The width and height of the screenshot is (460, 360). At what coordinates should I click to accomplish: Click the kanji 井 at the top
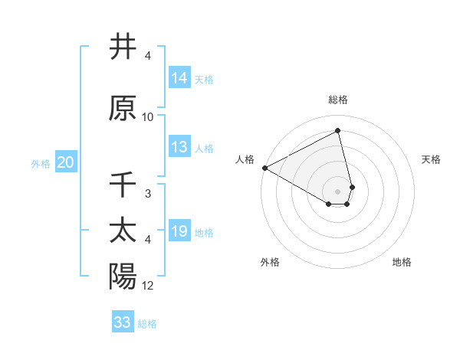click(123, 47)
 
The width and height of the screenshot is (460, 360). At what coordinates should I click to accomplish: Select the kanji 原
click(123, 108)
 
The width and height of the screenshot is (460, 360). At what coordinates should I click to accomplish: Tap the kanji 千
click(123, 185)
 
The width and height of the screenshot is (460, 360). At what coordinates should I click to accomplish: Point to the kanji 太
click(123, 231)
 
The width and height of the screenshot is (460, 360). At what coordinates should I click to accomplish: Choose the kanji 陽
click(123, 277)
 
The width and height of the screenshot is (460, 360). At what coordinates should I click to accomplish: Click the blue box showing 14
click(179, 77)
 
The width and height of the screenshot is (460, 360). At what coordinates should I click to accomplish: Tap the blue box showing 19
click(179, 231)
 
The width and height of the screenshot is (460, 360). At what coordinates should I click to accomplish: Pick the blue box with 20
click(66, 162)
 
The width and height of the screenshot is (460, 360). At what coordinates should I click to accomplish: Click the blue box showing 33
click(123, 322)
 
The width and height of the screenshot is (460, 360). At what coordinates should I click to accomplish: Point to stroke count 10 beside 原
click(148, 117)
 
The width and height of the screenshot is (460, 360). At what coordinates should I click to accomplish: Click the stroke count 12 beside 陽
click(148, 286)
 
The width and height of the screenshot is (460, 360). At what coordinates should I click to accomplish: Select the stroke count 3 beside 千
click(148, 194)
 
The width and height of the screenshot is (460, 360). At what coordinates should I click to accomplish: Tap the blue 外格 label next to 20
click(41, 163)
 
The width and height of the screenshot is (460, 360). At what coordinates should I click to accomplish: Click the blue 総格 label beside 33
click(147, 324)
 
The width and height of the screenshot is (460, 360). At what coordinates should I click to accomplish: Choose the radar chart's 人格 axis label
click(245, 159)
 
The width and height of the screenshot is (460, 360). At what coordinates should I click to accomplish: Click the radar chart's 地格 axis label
click(402, 262)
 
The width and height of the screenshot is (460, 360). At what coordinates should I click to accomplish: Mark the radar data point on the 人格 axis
click(264, 168)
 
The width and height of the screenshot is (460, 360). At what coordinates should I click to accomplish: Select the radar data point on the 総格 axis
click(338, 130)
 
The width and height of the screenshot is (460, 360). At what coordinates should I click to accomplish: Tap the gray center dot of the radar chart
click(338, 191)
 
